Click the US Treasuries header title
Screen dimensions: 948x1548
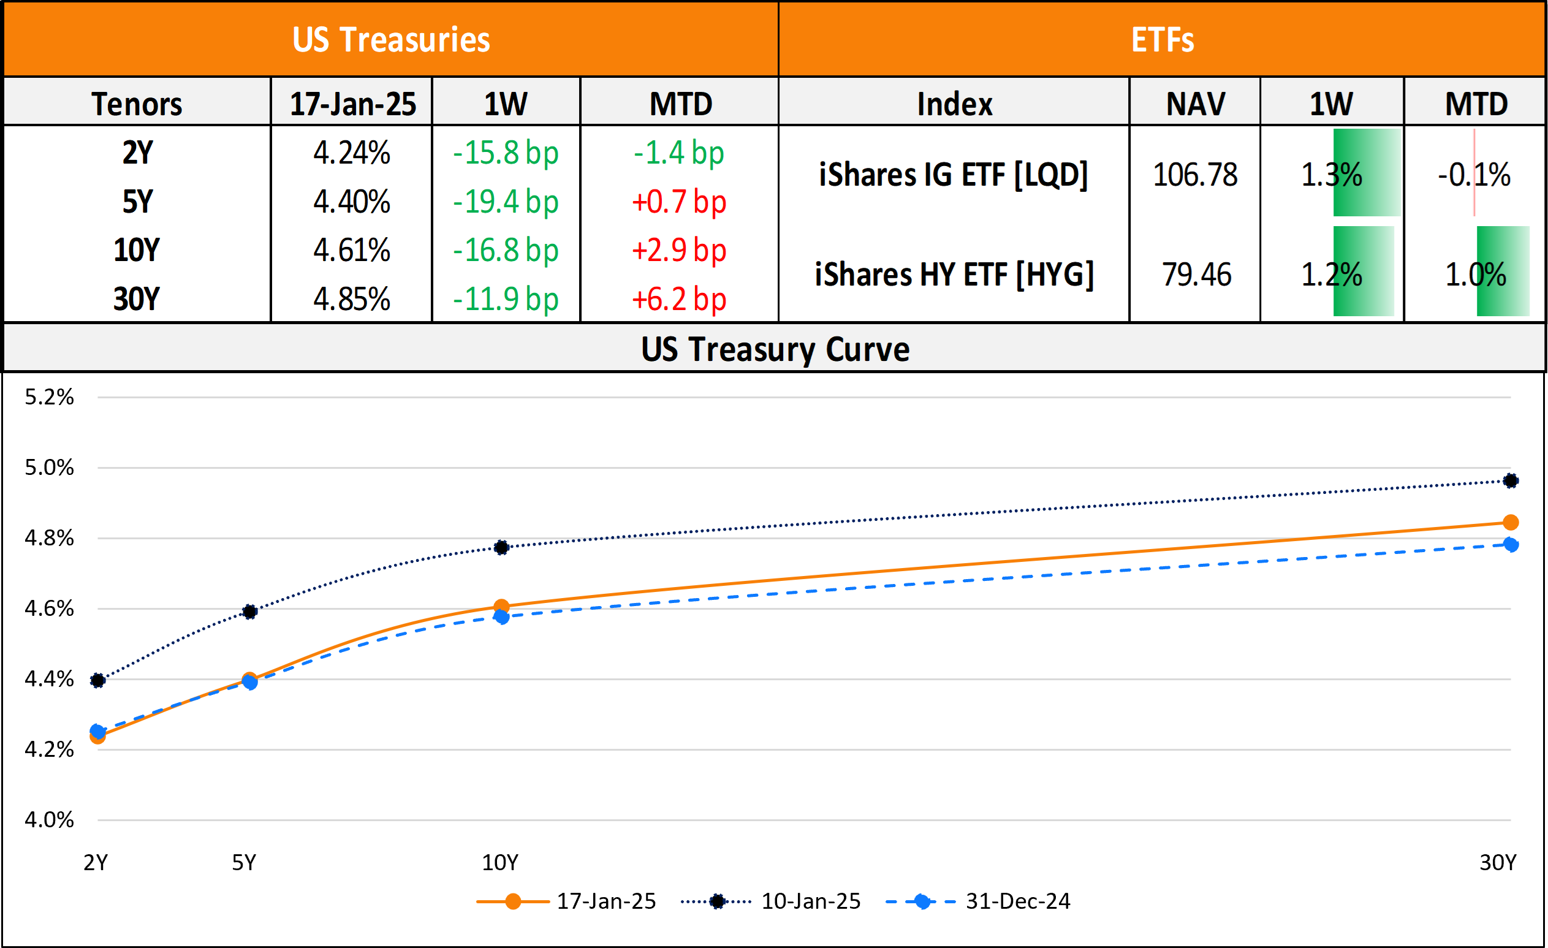[x=391, y=40]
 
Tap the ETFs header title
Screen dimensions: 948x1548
[x=1163, y=40]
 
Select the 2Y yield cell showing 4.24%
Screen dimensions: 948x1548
[x=352, y=153]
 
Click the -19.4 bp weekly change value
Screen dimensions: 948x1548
[x=506, y=202]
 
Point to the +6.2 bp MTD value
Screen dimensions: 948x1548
[x=679, y=299]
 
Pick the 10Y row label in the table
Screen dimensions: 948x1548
[x=136, y=250]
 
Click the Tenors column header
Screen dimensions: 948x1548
[x=136, y=104]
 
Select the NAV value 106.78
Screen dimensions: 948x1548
[x=1195, y=175]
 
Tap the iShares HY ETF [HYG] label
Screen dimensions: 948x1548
[x=954, y=275]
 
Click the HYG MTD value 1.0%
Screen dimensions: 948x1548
[x=1476, y=275]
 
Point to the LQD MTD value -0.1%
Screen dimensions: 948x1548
[x=1474, y=175]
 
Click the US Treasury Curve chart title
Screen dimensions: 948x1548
[x=775, y=349]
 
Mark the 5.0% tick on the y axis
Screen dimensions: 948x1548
[x=49, y=468]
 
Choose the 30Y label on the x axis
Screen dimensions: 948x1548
[x=1498, y=863]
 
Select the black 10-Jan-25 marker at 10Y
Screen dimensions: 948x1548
[x=501, y=547]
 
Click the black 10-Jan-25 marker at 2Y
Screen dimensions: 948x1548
[x=97, y=680]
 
